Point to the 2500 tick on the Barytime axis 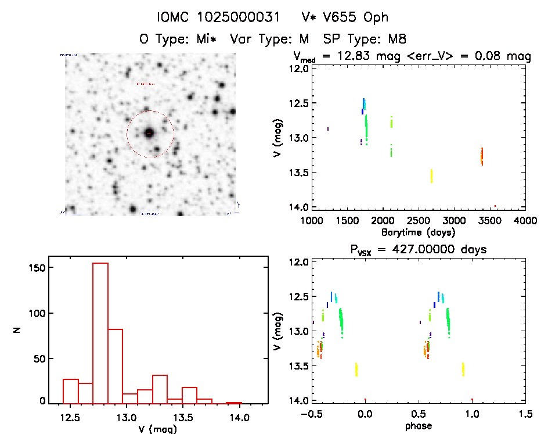coord(419,221)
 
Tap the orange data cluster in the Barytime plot coord(482,156)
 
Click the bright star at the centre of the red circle coord(149,133)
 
